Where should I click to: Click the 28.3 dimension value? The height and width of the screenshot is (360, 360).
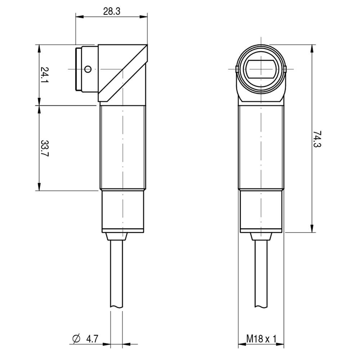click(112, 11)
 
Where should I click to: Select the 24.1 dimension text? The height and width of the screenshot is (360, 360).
click(45, 75)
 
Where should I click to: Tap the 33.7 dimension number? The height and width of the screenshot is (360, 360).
click(45, 148)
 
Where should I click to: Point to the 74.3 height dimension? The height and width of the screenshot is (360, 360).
click(317, 139)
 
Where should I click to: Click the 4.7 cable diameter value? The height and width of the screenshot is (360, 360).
click(92, 339)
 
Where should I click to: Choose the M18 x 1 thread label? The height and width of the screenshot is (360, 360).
click(261, 339)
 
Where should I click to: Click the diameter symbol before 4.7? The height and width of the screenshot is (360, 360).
click(76, 339)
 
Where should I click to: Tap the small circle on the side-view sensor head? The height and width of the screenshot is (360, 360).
click(88, 69)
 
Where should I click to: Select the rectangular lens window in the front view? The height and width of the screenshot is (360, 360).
click(261, 69)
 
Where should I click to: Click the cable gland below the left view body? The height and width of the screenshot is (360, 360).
click(117, 236)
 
